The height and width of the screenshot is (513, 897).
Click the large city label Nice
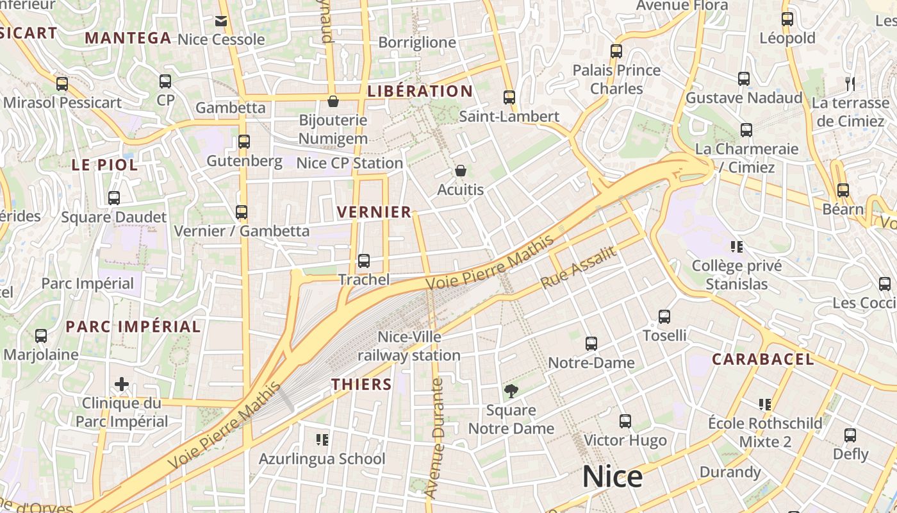pyautogui.click(x=612, y=478)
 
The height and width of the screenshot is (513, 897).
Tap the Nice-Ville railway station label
pyautogui.click(x=409, y=346)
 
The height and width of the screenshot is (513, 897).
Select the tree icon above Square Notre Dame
pyautogui.click(x=511, y=391)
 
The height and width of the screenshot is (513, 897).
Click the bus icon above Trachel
pyautogui.click(x=364, y=260)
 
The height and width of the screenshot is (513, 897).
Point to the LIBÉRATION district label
pyautogui.click(x=420, y=91)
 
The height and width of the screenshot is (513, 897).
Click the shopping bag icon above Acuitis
pyautogui.click(x=460, y=171)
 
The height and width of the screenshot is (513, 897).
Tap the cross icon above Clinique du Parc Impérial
pyautogui.click(x=122, y=384)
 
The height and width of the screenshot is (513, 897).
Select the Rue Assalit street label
pyautogui.click(x=578, y=267)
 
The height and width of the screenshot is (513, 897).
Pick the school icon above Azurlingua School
pyautogui.click(x=322, y=439)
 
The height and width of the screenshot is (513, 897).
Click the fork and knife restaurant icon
pyautogui.click(x=850, y=83)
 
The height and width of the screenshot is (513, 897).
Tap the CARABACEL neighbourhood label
pyautogui.click(x=762, y=359)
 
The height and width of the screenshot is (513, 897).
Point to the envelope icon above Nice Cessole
pyautogui.click(x=221, y=21)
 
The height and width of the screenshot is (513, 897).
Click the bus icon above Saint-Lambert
pyautogui.click(x=509, y=97)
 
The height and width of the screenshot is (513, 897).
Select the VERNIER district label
pyautogui.click(x=374, y=212)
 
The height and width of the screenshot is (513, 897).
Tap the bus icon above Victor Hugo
pyautogui.click(x=625, y=421)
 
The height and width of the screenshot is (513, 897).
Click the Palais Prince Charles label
pyautogui.click(x=616, y=79)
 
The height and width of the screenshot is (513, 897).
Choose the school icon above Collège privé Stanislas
pyautogui.click(x=736, y=246)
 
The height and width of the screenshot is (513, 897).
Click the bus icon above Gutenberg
pyautogui.click(x=244, y=142)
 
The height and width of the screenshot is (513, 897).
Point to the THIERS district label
pyautogui.click(x=361, y=384)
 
